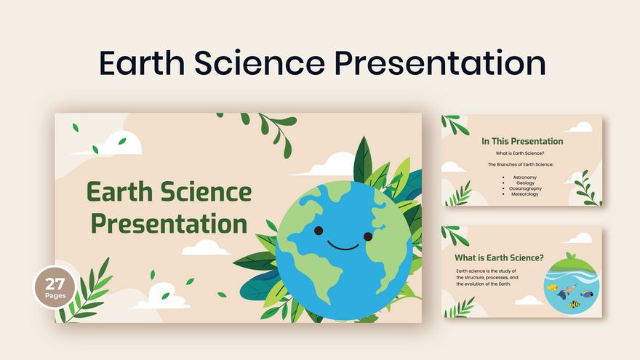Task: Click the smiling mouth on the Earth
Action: [343, 247]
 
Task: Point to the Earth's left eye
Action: [319, 231]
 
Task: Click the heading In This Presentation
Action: [522, 141]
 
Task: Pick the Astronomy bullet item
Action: [524, 177]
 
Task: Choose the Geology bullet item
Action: [524, 183]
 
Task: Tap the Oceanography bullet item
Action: [526, 188]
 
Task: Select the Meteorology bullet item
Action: [525, 194]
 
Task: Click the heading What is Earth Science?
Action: [499, 257]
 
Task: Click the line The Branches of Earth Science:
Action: [521, 164]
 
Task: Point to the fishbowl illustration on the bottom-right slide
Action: [569, 284]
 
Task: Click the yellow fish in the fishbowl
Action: [553, 288]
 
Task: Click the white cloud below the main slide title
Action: [206, 247]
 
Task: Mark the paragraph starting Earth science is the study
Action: [487, 277]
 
